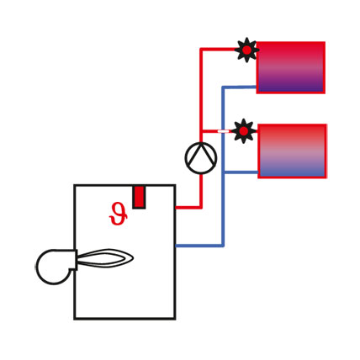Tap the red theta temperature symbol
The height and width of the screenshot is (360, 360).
[118, 214]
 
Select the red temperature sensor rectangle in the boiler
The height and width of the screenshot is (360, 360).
[139, 197]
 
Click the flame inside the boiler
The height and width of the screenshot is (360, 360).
[104, 258]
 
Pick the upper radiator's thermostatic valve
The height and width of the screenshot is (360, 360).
[246, 50]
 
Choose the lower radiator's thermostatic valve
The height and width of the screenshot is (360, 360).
[244, 130]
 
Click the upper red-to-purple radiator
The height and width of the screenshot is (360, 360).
[291, 67]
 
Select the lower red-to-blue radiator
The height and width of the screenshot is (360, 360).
[292, 151]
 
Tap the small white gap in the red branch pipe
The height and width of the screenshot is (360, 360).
[223, 131]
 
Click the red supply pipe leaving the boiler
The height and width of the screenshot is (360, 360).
[188, 208]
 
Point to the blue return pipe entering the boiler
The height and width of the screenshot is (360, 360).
[199, 246]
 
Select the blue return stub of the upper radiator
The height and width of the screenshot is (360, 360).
[239, 87]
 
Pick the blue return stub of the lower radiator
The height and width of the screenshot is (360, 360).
[241, 172]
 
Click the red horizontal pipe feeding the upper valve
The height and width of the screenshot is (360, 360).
[218, 50]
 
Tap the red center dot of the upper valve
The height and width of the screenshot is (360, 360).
[246, 50]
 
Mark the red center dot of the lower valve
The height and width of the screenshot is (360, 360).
[244, 130]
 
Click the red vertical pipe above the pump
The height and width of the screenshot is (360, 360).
[201, 95]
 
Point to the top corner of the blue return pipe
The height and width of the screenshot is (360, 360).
[223, 87]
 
